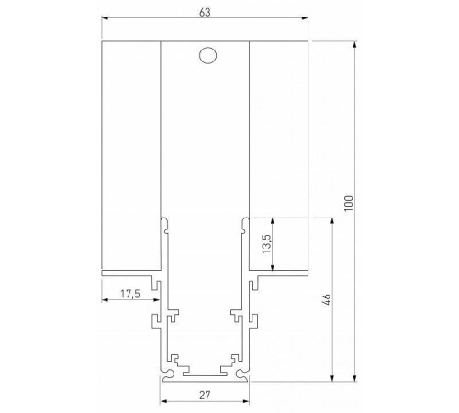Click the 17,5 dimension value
pos(130,295)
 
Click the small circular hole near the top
pos(207,56)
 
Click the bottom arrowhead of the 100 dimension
pos(354,376)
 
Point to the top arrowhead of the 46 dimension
pos(331,221)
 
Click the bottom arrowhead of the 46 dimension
pos(331,376)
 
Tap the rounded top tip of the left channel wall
pos(164,219)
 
